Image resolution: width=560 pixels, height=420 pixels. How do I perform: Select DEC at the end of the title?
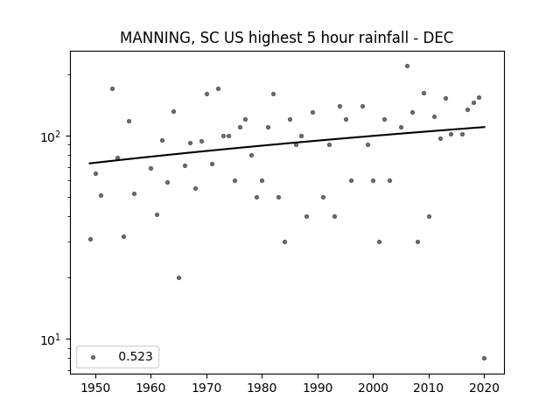tap(438, 38)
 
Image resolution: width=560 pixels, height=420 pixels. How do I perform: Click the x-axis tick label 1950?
tap(95, 388)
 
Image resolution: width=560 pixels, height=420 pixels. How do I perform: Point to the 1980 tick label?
tap(262, 388)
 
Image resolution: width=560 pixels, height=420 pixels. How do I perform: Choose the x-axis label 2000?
tap(373, 388)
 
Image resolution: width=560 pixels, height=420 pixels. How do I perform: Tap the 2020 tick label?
tap(484, 388)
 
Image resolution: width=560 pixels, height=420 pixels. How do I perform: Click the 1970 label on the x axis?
tap(206, 388)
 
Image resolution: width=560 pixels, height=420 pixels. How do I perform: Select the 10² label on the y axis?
tap(51, 136)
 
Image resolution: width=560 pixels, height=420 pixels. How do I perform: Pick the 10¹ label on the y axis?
tap(51, 339)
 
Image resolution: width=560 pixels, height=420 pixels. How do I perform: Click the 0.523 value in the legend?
tap(136, 356)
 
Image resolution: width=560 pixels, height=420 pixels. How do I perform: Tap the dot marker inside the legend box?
tap(94, 357)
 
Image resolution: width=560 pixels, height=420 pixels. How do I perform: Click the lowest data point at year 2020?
tap(484, 358)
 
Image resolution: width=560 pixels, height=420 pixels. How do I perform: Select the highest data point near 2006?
tap(407, 66)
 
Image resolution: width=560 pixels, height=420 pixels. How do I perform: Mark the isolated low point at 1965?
tap(178, 278)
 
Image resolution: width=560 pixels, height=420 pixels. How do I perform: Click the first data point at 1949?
tap(90, 239)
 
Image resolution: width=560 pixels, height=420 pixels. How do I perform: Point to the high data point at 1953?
tap(113, 89)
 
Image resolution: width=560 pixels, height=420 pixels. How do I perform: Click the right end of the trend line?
tap(485, 127)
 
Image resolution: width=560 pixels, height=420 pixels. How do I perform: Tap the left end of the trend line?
tap(89, 164)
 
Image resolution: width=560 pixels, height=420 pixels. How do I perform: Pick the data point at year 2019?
tap(479, 97)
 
